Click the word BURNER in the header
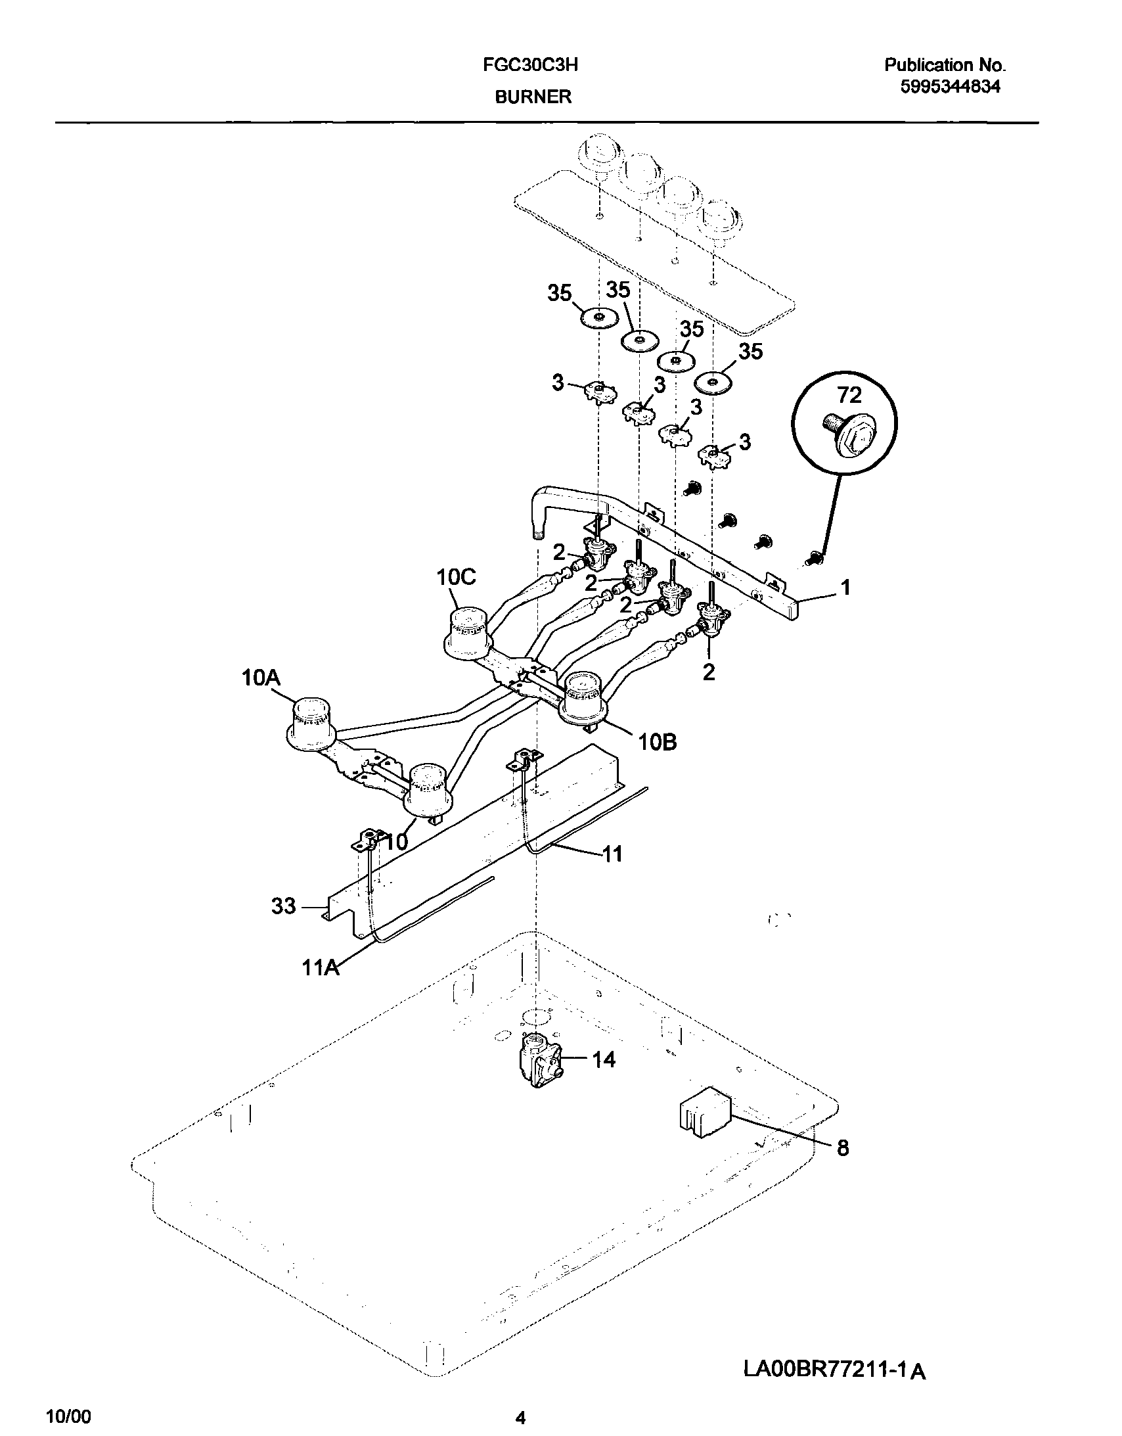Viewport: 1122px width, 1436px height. (x=532, y=97)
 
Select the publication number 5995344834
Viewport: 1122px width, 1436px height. (x=950, y=87)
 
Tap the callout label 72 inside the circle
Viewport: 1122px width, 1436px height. (x=849, y=395)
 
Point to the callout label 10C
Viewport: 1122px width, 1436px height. (x=456, y=577)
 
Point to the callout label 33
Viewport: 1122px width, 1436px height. (x=284, y=906)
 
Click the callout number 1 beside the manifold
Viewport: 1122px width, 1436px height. (x=845, y=587)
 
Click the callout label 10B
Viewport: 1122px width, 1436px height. (x=657, y=743)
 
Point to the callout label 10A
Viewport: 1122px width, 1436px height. (x=261, y=677)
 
